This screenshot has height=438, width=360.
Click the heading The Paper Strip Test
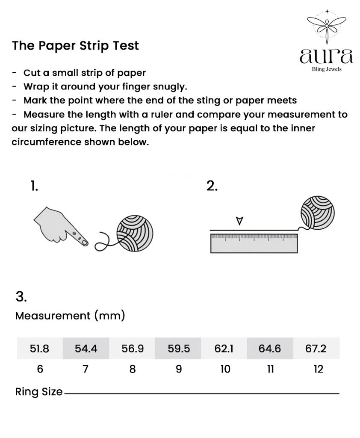(76, 46)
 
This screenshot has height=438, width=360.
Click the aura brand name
(327, 56)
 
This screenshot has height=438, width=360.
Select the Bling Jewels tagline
(327, 70)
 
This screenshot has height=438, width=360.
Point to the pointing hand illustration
(61, 226)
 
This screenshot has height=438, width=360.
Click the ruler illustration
(254, 243)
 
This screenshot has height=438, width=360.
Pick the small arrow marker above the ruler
(239, 221)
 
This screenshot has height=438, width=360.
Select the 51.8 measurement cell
(40, 349)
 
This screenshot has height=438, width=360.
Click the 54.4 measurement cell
(86, 349)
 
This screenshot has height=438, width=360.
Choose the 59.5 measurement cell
(179, 349)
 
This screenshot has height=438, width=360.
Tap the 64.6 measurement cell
(270, 349)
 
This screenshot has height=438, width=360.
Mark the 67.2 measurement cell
(316, 349)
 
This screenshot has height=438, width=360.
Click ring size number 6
(40, 369)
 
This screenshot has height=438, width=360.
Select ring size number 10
(225, 369)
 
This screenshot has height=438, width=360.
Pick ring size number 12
(319, 369)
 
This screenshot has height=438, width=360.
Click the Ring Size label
(39, 392)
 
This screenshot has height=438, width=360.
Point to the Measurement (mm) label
(70, 316)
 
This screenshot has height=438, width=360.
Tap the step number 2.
(212, 186)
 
